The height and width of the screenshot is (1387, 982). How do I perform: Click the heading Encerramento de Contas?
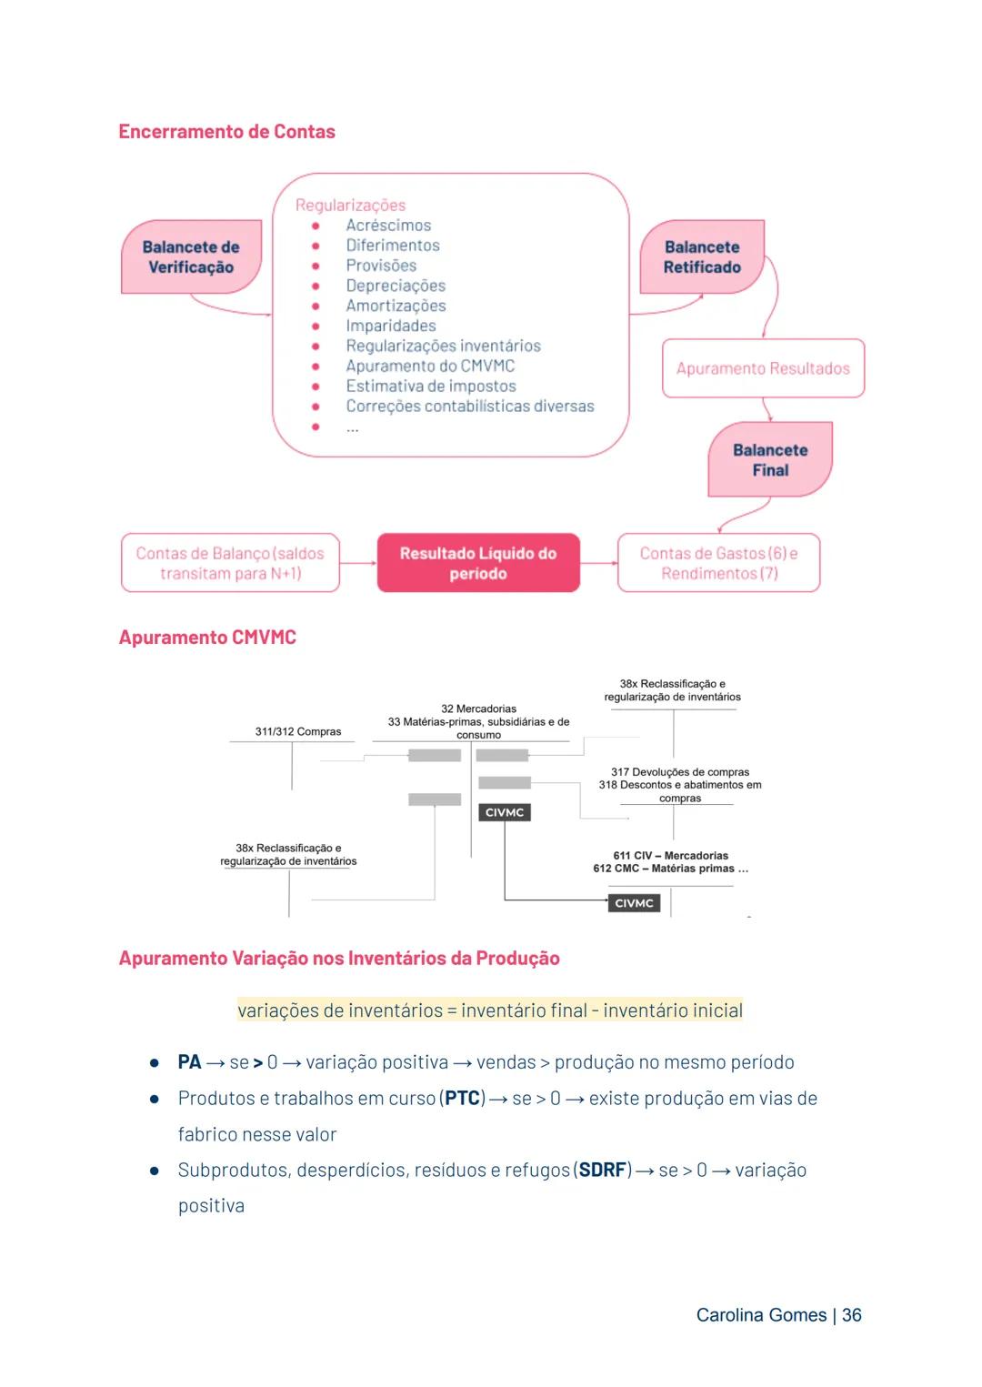point(226,132)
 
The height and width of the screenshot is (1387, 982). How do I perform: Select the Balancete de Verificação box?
point(191,257)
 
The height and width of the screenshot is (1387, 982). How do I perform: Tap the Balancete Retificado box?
point(701,257)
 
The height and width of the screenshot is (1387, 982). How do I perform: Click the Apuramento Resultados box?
point(763,368)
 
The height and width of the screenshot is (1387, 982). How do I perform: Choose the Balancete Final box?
point(770,460)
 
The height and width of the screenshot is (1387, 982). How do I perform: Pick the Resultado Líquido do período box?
point(478,563)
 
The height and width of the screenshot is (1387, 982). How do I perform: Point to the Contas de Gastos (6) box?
point(718,563)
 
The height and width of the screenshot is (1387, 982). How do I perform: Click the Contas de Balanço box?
point(230,563)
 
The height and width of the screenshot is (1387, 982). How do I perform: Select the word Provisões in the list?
point(381,266)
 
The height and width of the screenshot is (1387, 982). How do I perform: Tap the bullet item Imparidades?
point(391,326)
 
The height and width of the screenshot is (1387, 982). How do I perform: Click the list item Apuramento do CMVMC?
point(430,366)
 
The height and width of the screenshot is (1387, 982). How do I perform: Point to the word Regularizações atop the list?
point(350,206)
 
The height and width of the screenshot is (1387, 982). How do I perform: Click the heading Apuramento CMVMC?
point(207,638)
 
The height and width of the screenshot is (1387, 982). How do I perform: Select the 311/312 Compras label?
point(298,731)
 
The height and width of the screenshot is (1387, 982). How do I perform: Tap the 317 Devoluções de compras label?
point(680,771)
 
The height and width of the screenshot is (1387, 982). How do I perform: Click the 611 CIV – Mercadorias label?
point(671,855)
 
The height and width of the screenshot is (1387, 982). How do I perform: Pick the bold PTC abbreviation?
point(462,1099)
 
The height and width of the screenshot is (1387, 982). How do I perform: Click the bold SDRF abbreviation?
point(603,1171)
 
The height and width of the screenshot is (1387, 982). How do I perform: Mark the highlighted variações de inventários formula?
point(490,1010)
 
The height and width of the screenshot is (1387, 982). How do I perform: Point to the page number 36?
point(852,1315)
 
